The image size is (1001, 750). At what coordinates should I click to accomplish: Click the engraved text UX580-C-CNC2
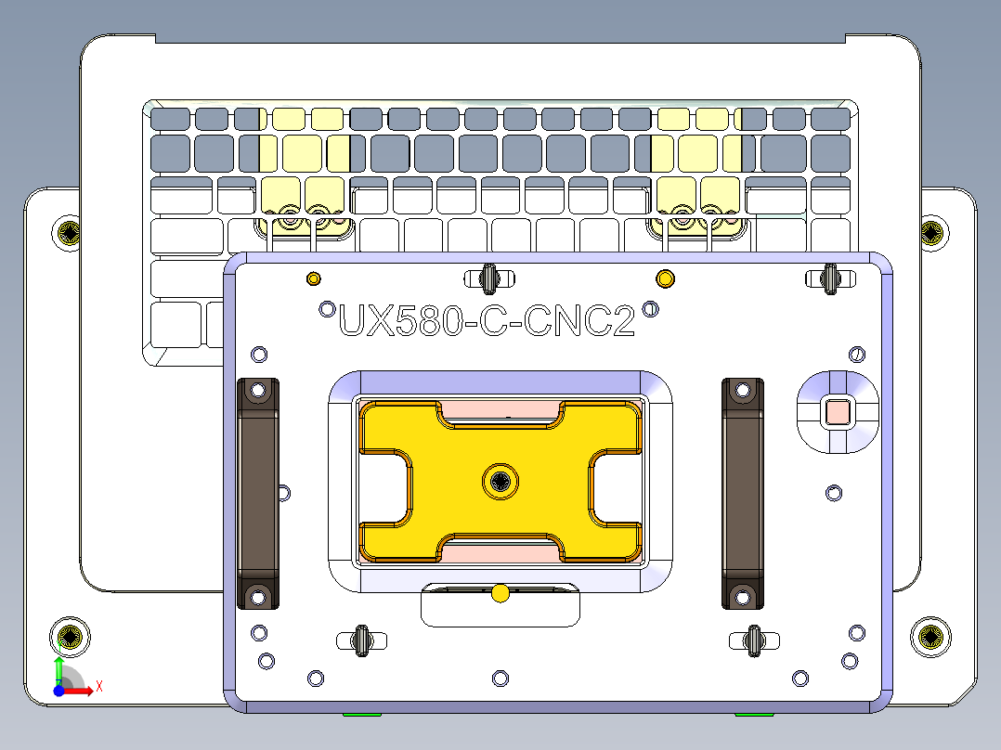point(487,321)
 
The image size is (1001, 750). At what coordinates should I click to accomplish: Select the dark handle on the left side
point(259,493)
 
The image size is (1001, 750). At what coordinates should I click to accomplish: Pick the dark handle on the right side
point(743,493)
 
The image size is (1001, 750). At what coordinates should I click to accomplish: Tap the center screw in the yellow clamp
point(500,480)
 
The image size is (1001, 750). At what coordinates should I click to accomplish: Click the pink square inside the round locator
point(838,410)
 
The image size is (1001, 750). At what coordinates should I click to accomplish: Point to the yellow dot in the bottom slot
point(500,593)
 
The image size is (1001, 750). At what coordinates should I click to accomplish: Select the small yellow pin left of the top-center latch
point(313,278)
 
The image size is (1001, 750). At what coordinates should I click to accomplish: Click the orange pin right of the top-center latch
point(665,278)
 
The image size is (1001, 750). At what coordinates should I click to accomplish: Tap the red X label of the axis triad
point(98,686)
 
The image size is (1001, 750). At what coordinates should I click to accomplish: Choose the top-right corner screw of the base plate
point(931,233)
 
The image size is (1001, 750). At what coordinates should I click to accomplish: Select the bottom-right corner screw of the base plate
point(929,636)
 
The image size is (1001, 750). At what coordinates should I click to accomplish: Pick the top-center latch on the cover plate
point(489,277)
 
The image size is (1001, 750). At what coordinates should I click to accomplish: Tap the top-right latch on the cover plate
point(830,277)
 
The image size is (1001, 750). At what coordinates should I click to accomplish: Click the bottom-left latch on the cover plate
point(359,640)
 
